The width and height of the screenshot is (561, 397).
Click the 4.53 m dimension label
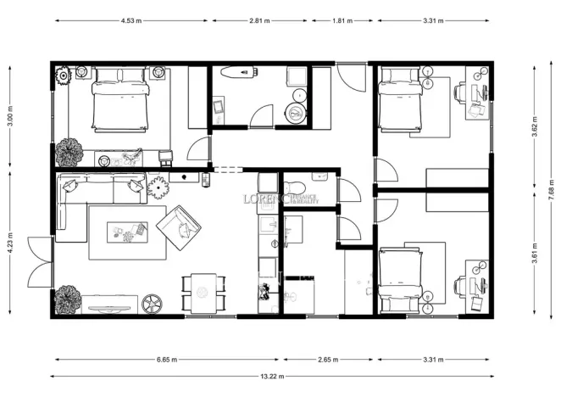tap(130, 20)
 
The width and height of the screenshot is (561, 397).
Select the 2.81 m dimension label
tap(260, 20)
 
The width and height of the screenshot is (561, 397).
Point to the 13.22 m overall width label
tap(271, 376)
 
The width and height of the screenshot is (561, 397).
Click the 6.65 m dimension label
tap(168, 359)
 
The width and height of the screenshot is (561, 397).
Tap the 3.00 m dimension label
tap(9, 115)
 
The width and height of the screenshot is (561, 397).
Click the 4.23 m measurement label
tap(9, 244)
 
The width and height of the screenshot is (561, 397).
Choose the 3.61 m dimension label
tap(534, 254)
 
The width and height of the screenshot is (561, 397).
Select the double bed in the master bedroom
tap(119, 99)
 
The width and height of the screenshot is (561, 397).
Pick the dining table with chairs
tap(203, 292)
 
